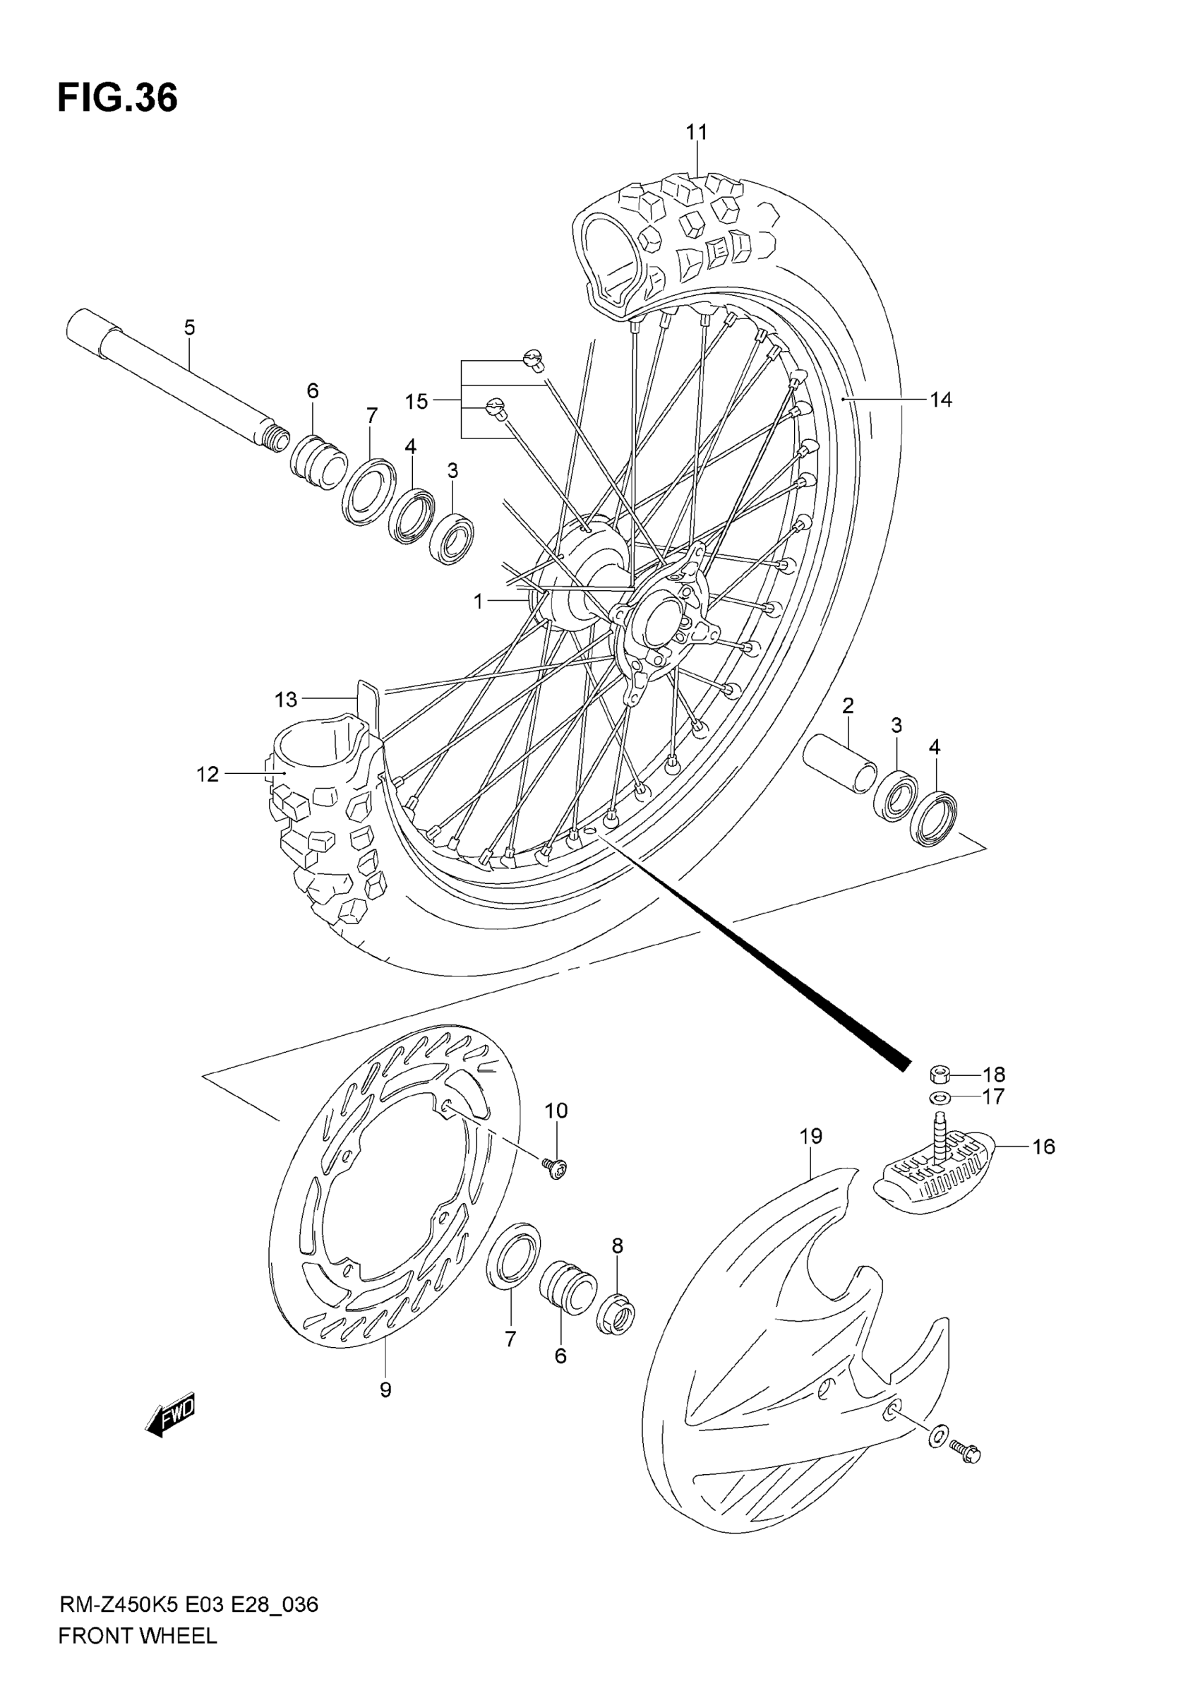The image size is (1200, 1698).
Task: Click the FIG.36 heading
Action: pyautogui.click(x=118, y=97)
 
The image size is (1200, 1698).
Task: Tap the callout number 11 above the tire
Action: pyautogui.click(x=697, y=131)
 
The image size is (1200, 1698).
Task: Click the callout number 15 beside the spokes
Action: pyautogui.click(x=416, y=402)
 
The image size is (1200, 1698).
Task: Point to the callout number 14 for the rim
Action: pyautogui.click(x=940, y=400)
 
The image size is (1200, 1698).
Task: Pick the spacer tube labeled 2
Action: pyautogui.click(x=840, y=764)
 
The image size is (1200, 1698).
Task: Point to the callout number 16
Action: pyautogui.click(x=1043, y=1147)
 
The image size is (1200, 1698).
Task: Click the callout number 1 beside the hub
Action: pyautogui.click(x=479, y=602)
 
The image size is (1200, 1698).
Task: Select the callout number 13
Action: pyautogui.click(x=285, y=699)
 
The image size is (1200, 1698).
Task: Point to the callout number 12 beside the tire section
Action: pyautogui.click(x=208, y=774)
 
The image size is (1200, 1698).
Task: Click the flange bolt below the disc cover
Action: pyautogui.click(x=965, y=1452)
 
